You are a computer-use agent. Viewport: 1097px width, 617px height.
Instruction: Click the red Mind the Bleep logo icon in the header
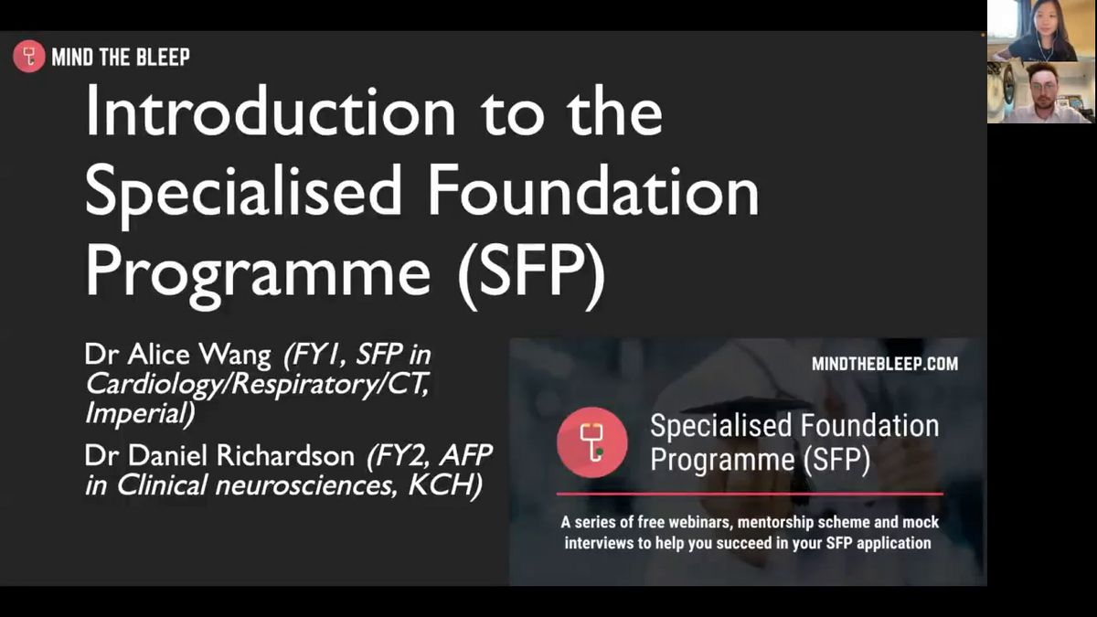tap(29, 57)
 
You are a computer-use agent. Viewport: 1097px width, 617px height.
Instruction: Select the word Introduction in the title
tap(271, 111)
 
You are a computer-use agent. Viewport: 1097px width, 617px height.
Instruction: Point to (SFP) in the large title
tap(532, 272)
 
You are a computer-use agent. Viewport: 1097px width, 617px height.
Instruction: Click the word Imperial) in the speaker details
tap(140, 414)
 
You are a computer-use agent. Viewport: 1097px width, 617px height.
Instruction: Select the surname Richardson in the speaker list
tap(285, 455)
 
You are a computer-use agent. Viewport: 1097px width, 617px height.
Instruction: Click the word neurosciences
tap(305, 485)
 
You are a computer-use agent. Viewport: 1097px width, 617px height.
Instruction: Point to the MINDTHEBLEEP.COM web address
tap(885, 364)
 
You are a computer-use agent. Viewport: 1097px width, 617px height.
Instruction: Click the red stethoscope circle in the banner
tap(592, 442)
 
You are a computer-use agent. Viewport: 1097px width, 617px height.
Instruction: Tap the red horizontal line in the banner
tap(750, 494)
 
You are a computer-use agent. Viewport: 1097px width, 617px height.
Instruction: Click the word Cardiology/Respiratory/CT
tap(258, 385)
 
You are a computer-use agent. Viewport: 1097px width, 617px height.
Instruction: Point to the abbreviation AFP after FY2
tap(465, 455)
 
